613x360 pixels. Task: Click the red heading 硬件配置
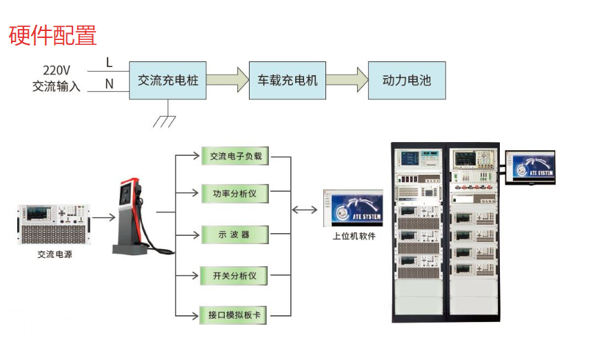(x=53, y=35)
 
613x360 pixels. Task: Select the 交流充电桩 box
(x=168, y=80)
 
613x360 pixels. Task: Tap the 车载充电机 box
(x=287, y=80)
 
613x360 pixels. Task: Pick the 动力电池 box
(x=407, y=80)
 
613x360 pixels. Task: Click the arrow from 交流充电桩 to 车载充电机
(x=228, y=80)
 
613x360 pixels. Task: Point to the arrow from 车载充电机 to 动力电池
(x=347, y=80)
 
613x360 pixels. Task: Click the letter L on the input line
(x=109, y=63)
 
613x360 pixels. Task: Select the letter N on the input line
(x=109, y=84)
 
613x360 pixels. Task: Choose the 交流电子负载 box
(x=235, y=156)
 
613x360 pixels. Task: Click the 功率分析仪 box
(x=234, y=194)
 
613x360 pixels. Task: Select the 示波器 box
(x=234, y=235)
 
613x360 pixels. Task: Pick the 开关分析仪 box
(x=234, y=277)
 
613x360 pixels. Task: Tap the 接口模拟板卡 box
(x=234, y=315)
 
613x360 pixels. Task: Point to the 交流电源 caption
(x=54, y=254)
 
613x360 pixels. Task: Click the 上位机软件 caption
(x=354, y=237)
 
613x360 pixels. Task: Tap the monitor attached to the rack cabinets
(x=530, y=168)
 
